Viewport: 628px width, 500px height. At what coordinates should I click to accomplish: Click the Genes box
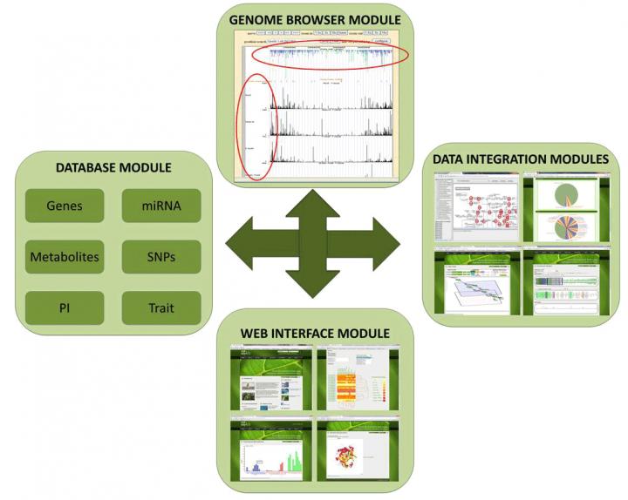(65, 206)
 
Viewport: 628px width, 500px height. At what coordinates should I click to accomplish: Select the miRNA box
(161, 206)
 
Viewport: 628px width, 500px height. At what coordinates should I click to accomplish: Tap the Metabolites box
(65, 258)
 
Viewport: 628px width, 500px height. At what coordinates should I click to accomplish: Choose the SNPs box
(161, 258)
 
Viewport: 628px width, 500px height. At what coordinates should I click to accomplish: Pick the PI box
(65, 308)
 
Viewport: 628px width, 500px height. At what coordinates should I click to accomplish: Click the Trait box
(161, 308)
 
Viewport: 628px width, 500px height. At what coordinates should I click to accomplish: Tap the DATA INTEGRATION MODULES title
(520, 159)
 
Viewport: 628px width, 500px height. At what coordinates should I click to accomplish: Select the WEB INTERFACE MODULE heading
(315, 333)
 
